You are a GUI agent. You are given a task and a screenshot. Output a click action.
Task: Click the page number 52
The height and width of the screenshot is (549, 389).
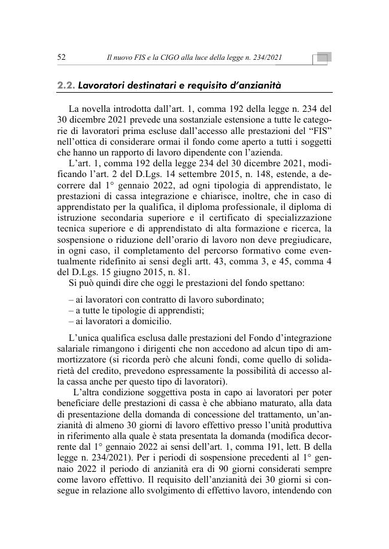(x=60, y=57)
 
